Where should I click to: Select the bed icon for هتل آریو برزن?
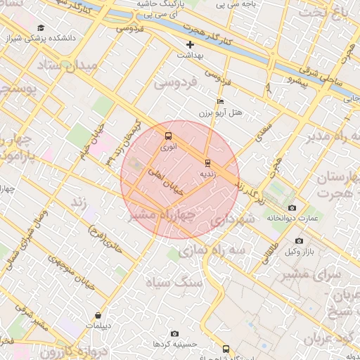tap(221, 102)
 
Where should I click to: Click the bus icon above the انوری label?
tap(167, 136)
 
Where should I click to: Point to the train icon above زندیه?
tap(207, 162)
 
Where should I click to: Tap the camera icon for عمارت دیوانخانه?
tap(292, 207)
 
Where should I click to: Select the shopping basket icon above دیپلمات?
tap(97, 315)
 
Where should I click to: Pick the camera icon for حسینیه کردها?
tap(174, 333)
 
